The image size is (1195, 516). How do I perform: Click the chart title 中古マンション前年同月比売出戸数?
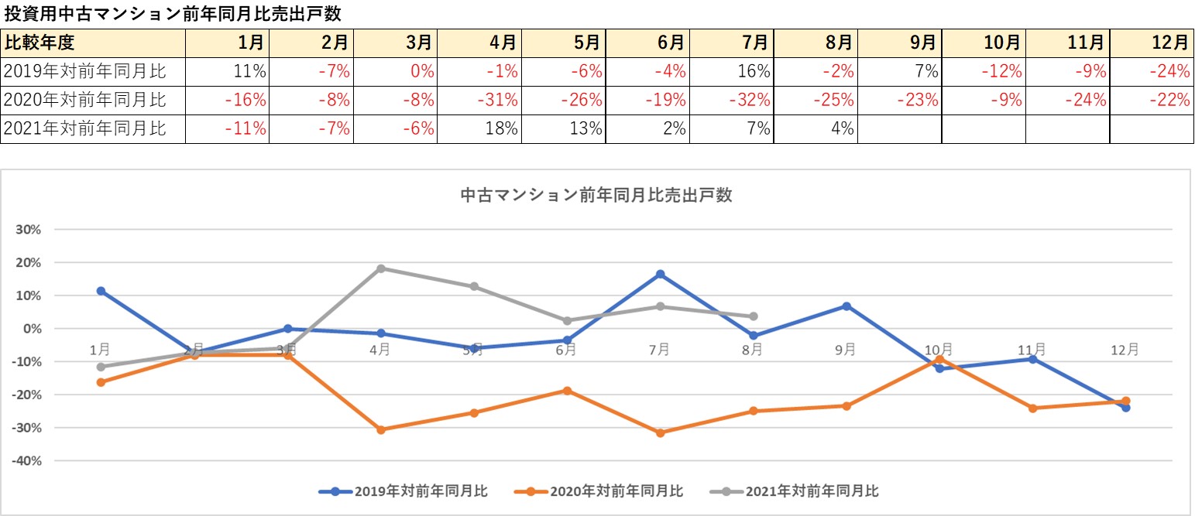pyautogui.click(x=596, y=195)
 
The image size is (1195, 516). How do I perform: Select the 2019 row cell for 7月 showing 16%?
pyautogui.click(x=731, y=72)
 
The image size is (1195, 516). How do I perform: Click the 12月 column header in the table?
pyautogui.click(x=1152, y=43)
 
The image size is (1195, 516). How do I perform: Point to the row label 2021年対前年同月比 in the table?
pyautogui.click(x=85, y=128)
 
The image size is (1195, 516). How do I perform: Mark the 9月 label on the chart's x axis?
pyautogui.click(x=846, y=350)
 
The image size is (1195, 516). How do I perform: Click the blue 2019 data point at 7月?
pyautogui.click(x=660, y=275)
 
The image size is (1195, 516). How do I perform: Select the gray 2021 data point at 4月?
pyautogui.click(x=380, y=268)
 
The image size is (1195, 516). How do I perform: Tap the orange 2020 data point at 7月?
pyautogui.click(x=660, y=433)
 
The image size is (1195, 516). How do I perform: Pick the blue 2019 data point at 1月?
pyautogui.click(x=101, y=291)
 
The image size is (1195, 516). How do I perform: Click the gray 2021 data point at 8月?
pyautogui.click(x=753, y=316)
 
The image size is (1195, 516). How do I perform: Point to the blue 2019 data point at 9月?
pyautogui.click(x=846, y=306)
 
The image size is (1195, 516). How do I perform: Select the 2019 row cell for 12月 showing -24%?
pyautogui.click(x=1152, y=72)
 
